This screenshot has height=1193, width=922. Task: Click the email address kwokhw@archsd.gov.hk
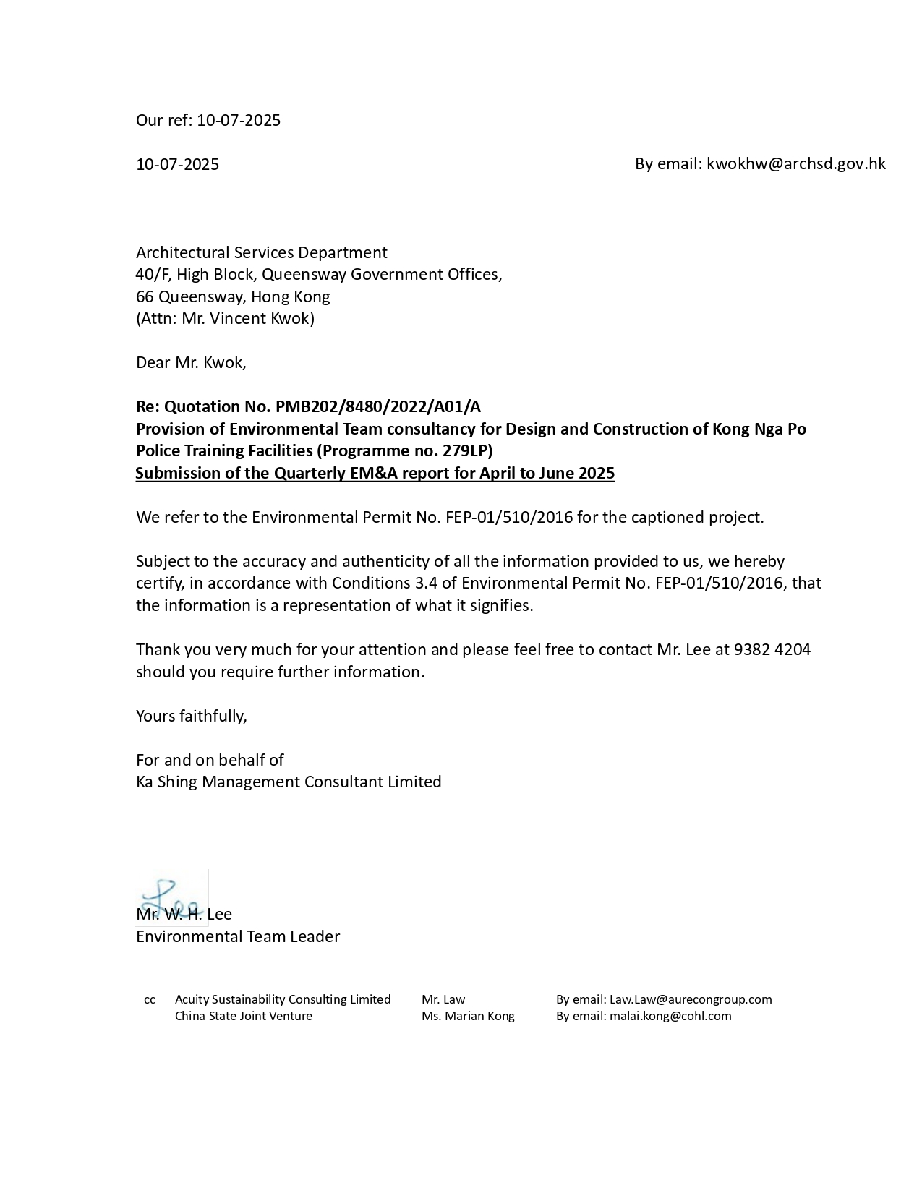pos(795,164)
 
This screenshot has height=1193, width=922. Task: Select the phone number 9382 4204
pos(772,649)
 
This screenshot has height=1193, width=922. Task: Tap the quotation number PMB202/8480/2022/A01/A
pos(377,406)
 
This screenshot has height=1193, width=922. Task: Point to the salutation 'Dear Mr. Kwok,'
pos(191,362)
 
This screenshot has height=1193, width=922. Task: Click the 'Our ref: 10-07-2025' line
pos(208,120)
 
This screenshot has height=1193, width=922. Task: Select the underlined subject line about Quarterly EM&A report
pos(375,474)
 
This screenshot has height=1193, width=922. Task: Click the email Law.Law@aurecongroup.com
pos(690,999)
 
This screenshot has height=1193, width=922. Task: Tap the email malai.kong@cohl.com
pos(670,1016)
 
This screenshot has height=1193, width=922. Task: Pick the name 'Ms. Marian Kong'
pos(468,1016)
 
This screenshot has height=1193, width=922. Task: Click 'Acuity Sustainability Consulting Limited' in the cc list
pos(283,999)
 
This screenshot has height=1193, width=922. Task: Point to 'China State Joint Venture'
pos(244,1016)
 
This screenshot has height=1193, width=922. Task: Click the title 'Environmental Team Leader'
pos(238,936)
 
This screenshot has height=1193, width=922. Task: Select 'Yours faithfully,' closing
pos(192,716)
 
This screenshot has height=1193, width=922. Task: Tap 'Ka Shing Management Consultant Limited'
pos(289,782)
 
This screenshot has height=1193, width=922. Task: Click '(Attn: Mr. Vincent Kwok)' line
pos(225,318)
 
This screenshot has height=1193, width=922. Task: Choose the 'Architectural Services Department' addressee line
pos(262,252)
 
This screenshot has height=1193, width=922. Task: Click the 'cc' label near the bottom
pos(150,1000)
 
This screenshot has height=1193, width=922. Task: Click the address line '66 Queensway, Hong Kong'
pos(233,296)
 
